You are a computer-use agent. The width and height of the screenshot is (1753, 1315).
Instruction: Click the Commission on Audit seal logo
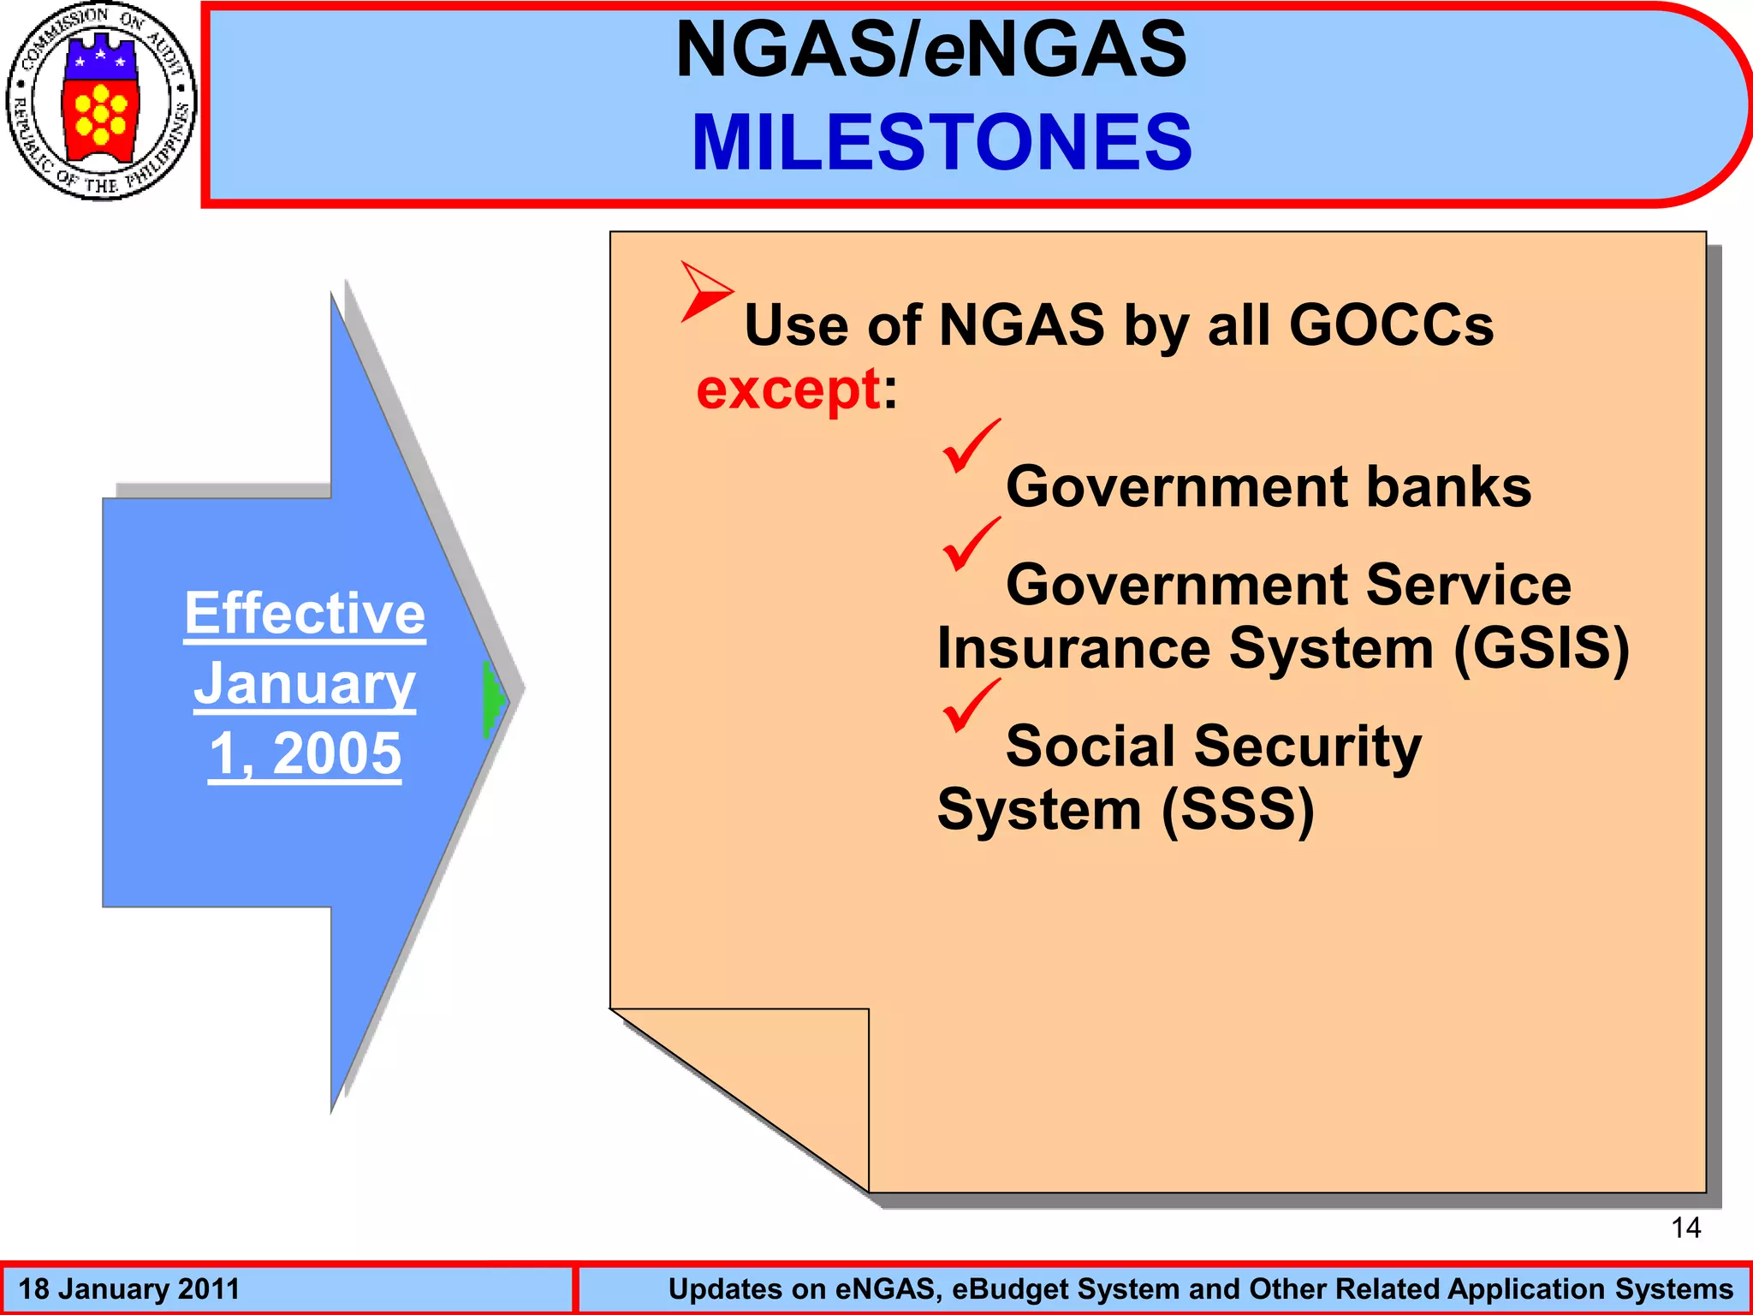(x=101, y=101)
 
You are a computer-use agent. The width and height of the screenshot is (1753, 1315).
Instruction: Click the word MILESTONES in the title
(x=942, y=142)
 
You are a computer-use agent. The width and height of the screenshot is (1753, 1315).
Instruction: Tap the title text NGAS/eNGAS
(x=931, y=50)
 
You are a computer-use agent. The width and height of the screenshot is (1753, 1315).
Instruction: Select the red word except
(x=788, y=390)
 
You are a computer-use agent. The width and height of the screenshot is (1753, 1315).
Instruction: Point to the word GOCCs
(x=1391, y=325)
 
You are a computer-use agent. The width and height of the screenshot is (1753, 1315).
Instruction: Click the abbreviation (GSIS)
(x=1541, y=648)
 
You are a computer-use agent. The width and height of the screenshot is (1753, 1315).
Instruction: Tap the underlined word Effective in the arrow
(x=305, y=613)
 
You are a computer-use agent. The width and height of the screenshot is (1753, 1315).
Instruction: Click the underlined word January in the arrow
(x=305, y=684)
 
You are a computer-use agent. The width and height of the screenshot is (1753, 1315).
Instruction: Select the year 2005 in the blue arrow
(x=336, y=754)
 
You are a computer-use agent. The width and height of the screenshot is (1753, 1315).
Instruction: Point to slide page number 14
(x=1685, y=1228)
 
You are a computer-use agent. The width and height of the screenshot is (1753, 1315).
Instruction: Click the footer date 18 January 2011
(x=128, y=1289)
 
